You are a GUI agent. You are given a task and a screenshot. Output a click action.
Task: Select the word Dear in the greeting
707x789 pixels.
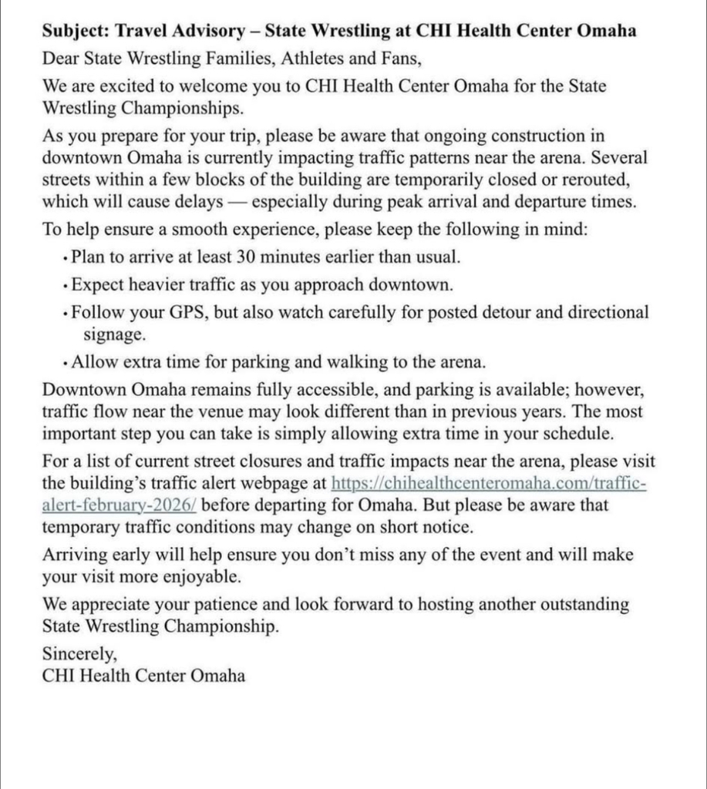[x=60, y=58]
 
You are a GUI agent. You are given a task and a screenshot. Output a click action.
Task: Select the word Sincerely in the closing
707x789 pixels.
[x=79, y=654]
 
